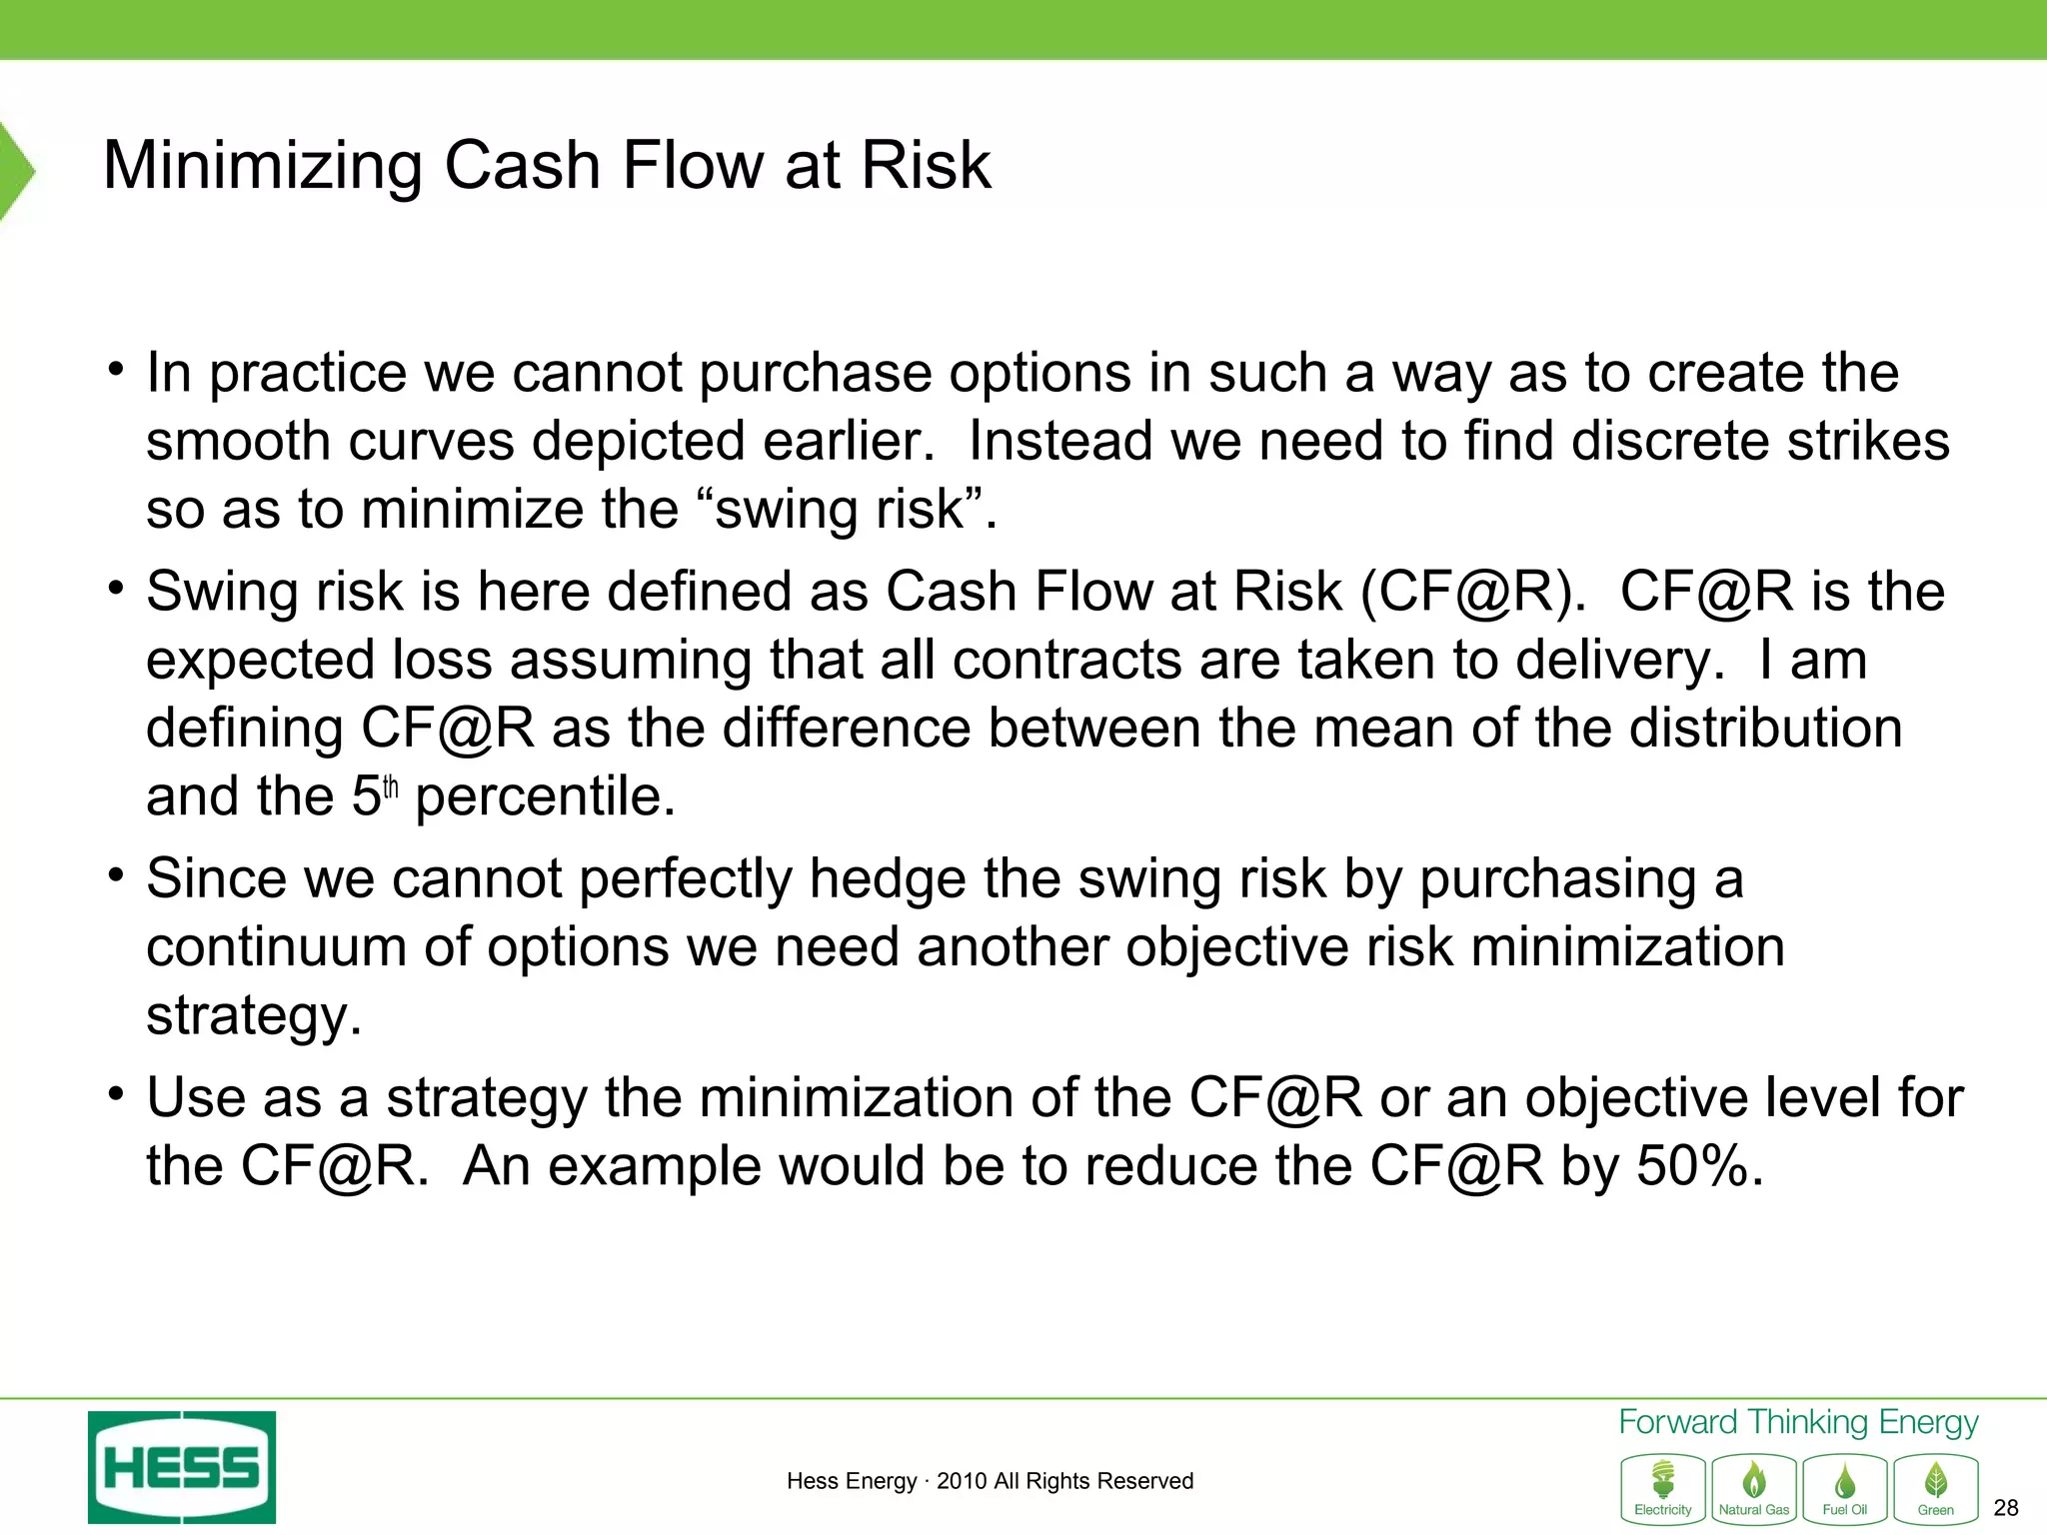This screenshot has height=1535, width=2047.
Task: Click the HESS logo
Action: point(182,1466)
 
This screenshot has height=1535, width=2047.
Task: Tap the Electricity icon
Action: point(1663,1488)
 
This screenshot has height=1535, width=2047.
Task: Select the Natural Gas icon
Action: point(1754,1488)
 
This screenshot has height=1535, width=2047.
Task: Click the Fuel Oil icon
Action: point(1845,1488)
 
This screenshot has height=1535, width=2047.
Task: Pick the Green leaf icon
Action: point(1936,1488)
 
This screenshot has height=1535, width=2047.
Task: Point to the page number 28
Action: point(2005,1508)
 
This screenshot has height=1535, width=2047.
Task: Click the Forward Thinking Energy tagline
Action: point(1798,1422)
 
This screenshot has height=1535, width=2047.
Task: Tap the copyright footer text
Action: point(990,1481)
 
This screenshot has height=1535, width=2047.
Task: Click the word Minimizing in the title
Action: point(263,165)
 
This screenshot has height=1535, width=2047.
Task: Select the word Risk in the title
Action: point(926,165)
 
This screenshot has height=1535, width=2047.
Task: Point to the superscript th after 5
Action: point(391,788)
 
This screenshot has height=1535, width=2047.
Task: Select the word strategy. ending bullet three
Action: point(254,1016)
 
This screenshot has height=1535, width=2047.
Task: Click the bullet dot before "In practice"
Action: point(117,369)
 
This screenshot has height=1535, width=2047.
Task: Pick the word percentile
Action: point(546,797)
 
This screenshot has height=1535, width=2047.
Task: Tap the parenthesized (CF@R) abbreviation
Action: point(1472,593)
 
